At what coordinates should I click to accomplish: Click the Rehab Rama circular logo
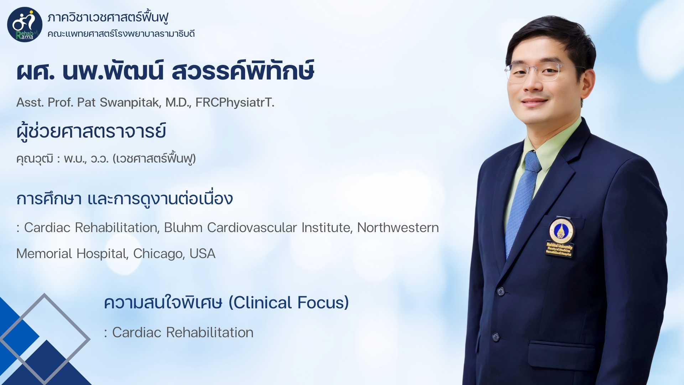(x=25, y=25)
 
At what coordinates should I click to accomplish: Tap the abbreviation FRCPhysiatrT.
(x=235, y=103)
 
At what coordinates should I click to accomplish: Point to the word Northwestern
(x=398, y=227)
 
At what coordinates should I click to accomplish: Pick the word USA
(x=202, y=254)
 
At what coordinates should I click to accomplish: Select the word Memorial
(x=45, y=254)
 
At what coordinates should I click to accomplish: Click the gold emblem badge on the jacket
(x=560, y=236)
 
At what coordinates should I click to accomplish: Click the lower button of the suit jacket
(x=496, y=337)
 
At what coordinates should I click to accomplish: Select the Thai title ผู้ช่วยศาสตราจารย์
(x=91, y=131)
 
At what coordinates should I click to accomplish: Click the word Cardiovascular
(x=252, y=227)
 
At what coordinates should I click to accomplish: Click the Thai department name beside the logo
(x=108, y=17)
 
